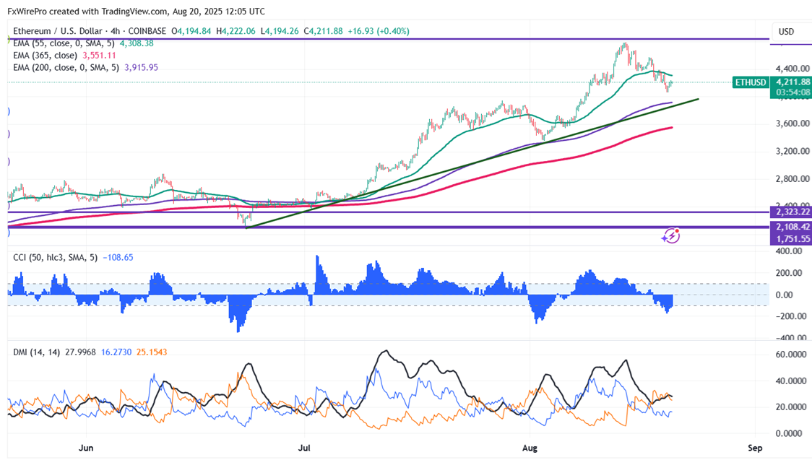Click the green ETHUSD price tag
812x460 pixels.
(x=750, y=82)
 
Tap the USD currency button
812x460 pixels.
(x=785, y=32)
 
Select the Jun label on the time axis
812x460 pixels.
(x=86, y=447)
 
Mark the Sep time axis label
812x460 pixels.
(x=755, y=447)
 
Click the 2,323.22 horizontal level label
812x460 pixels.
(x=792, y=212)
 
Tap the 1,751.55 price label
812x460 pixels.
(x=792, y=238)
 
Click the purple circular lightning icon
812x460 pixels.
(x=671, y=235)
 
